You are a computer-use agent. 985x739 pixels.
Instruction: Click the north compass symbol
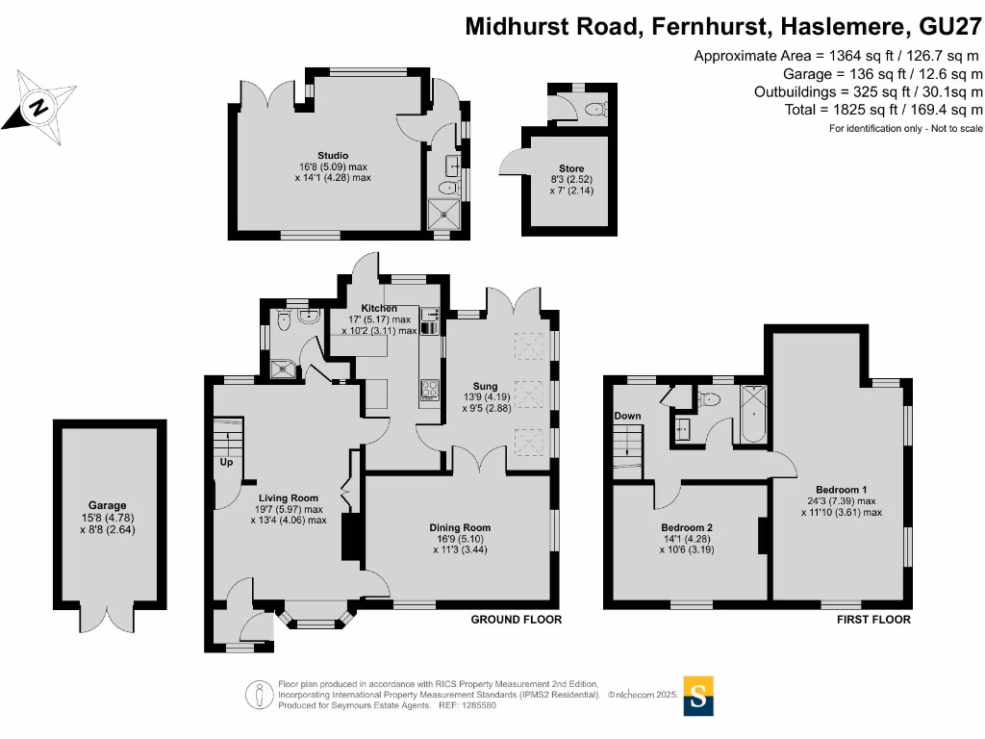pyautogui.click(x=39, y=104)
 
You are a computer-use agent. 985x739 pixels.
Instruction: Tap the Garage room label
pyautogui.click(x=107, y=505)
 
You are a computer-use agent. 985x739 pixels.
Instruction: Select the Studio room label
pyautogui.click(x=333, y=155)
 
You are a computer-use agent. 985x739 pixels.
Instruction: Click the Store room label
pyautogui.click(x=571, y=168)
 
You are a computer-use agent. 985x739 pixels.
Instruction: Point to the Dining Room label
pyautogui.click(x=460, y=527)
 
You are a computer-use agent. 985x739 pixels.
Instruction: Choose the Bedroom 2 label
pyautogui.click(x=687, y=527)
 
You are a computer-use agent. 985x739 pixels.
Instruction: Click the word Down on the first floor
pyautogui.click(x=627, y=416)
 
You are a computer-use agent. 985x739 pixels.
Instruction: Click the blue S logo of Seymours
pyautogui.click(x=699, y=695)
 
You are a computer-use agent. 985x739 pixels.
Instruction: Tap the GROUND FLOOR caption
pyautogui.click(x=516, y=620)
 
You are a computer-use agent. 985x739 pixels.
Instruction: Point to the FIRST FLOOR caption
pyautogui.click(x=873, y=620)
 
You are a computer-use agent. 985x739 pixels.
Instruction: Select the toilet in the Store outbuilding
pyautogui.click(x=597, y=108)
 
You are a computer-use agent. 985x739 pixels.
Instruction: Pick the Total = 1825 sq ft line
pyautogui.click(x=884, y=110)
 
